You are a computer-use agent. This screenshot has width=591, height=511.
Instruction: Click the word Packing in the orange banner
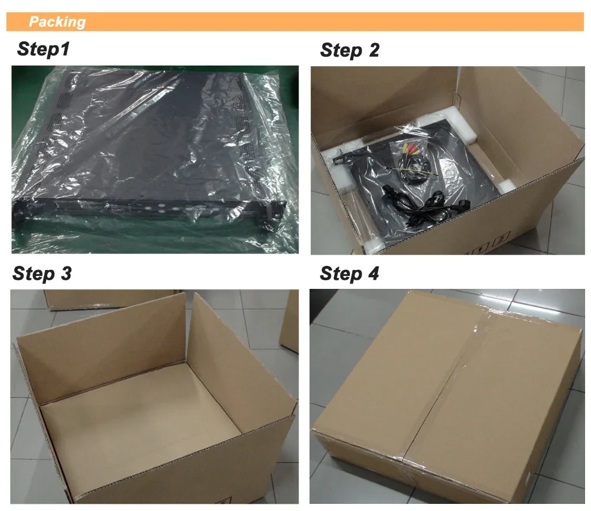pos(57,22)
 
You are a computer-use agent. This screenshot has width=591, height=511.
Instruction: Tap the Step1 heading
pos(43,49)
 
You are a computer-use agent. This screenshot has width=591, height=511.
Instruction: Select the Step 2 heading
pos(349,51)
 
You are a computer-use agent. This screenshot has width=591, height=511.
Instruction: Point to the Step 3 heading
pos(42,274)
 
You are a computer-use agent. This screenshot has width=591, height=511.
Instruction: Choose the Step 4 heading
pos(349,274)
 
